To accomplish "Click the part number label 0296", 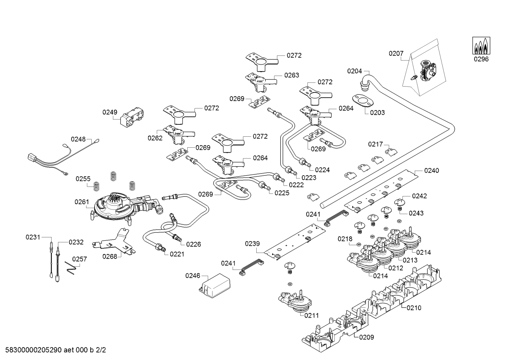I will point(481,59).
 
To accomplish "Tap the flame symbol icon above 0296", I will point(481,45).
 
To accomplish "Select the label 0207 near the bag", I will point(396,53).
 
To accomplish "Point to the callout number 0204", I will point(354,71).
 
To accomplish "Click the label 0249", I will point(110,112).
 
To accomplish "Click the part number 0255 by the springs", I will point(83,179).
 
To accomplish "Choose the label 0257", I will point(79,259).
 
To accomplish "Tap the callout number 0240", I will point(431,171).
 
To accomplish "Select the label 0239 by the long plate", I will point(252,243).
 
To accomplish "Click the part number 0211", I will point(312,315).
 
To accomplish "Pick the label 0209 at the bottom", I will point(366,337).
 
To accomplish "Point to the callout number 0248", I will point(78,139).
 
